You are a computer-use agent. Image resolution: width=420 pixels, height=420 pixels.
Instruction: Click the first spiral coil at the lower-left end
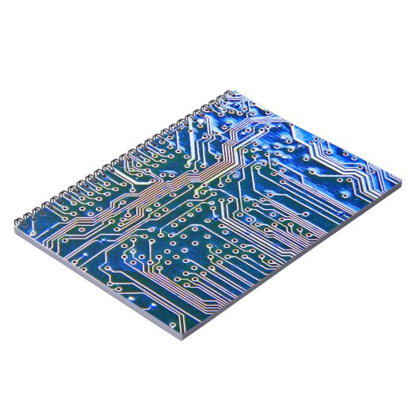coord(21,215)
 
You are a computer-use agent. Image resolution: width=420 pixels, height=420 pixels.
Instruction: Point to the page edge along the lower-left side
coord(95,285)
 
